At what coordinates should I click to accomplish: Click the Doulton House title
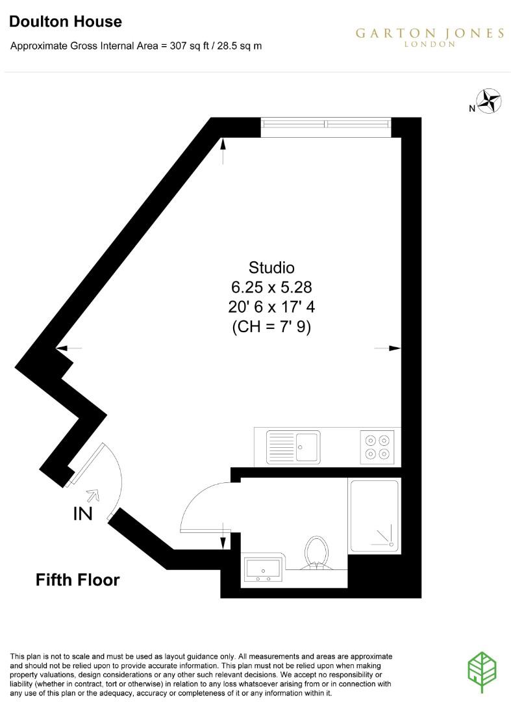coord(66,21)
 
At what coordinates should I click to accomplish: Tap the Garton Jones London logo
coord(429,36)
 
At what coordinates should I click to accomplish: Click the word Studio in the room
coord(271,267)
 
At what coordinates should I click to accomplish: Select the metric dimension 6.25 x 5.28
coord(271,287)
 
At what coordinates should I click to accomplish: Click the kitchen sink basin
coord(308,445)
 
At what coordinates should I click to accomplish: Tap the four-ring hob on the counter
coord(378,446)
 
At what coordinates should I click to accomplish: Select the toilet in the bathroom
coord(316,552)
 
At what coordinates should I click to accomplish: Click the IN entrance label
coord(82,514)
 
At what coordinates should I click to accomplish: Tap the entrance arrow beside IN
coord(93,496)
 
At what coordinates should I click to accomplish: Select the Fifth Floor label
coord(77,579)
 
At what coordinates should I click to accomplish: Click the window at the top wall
coord(325,126)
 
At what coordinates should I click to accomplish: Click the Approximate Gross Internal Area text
coord(136,46)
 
